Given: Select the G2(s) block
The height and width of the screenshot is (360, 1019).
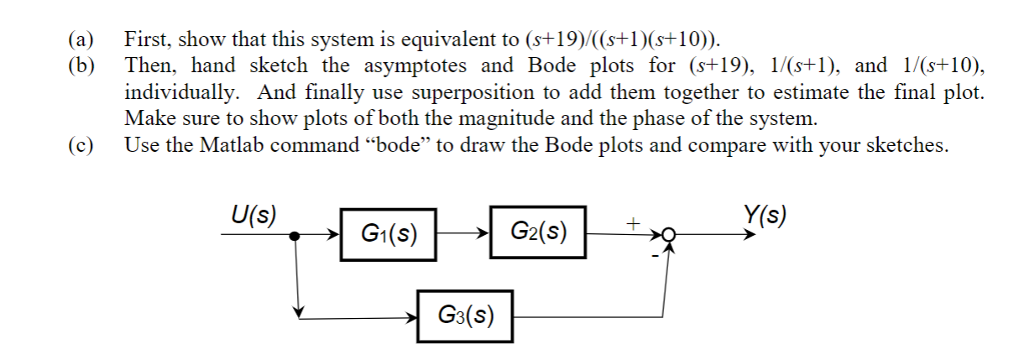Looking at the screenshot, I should click(x=538, y=230).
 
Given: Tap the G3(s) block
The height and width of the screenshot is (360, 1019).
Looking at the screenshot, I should click(x=466, y=316).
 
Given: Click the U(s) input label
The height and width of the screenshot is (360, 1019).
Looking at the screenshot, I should click(x=253, y=215).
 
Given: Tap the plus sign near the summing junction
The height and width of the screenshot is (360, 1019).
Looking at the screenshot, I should click(x=634, y=223).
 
